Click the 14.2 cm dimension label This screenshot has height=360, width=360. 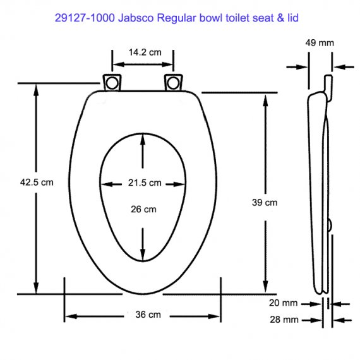click(145, 52)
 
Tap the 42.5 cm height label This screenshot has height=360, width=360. click(37, 183)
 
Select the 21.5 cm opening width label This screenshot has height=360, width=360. click(145, 183)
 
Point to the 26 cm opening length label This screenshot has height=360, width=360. click(143, 210)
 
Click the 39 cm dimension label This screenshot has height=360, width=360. click(265, 203)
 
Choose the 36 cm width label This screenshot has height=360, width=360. click(148, 315)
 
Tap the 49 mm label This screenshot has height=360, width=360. click(320, 43)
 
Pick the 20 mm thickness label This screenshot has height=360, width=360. click(284, 303)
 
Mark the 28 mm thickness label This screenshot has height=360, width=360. click(284, 320)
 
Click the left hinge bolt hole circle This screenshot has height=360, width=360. click(112, 83)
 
